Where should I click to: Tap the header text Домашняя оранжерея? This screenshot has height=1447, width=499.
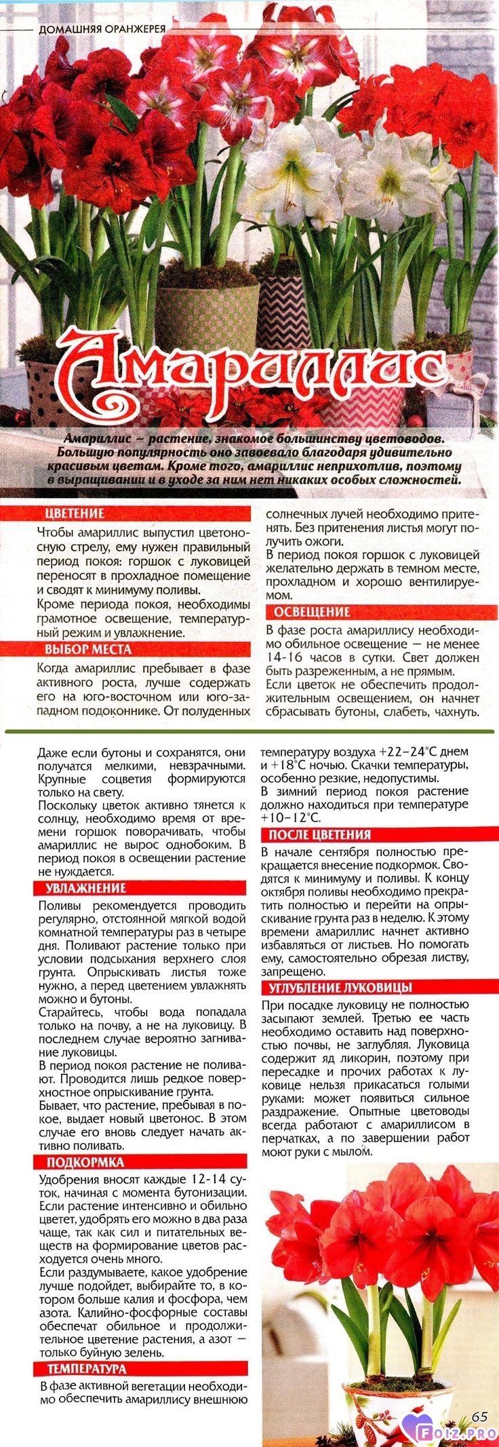click(x=102, y=30)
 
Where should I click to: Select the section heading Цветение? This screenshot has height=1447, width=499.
click(x=75, y=514)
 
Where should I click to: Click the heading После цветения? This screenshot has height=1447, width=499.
click(x=319, y=835)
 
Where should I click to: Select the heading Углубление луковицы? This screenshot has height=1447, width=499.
click(x=340, y=987)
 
